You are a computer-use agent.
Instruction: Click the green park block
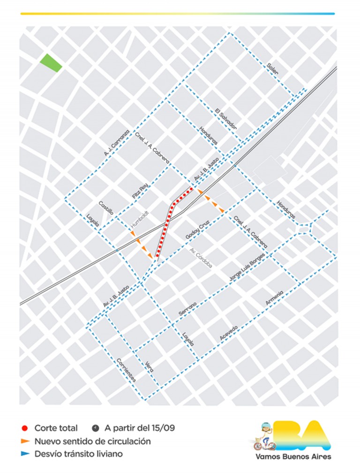tap(51, 63)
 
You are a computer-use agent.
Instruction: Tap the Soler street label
tap(272, 69)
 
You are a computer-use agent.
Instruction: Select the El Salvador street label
tap(225, 119)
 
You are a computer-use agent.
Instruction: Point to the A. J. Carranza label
tap(116, 143)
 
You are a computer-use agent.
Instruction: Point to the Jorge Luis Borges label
tap(247, 267)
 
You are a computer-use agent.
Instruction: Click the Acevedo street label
tap(229, 333)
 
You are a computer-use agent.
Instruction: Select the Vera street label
tap(150, 366)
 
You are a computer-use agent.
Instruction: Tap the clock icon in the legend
tap(96, 428)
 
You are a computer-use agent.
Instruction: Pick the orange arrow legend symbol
tap(25, 441)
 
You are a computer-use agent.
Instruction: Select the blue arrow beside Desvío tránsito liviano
tap(25, 453)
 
